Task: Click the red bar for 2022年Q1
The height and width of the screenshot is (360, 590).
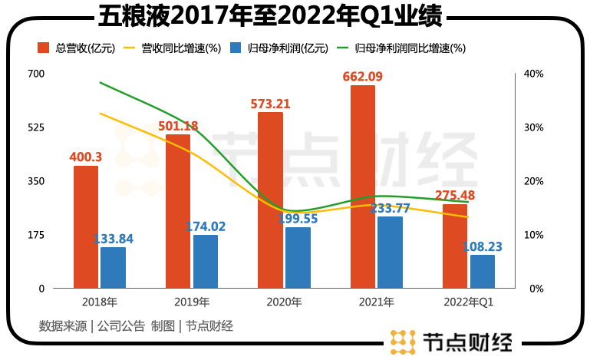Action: [x=455, y=246]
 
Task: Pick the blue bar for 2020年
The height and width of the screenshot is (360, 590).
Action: [x=298, y=257]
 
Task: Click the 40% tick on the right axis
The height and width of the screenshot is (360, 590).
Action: [x=534, y=74]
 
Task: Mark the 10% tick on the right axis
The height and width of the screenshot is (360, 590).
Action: [x=534, y=235]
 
